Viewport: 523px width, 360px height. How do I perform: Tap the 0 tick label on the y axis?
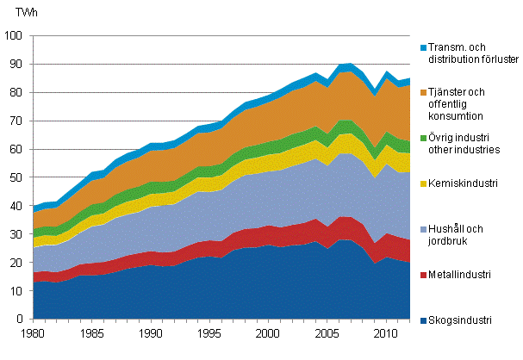pyautogui.click(x=22, y=320)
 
